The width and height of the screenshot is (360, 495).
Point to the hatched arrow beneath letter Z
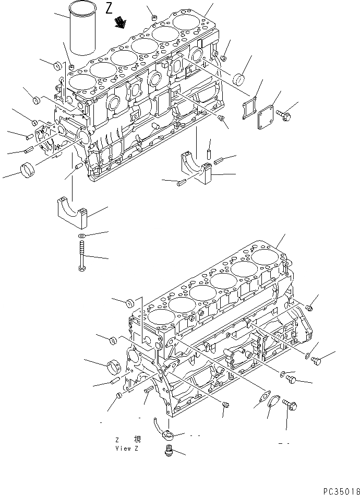click(122, 22)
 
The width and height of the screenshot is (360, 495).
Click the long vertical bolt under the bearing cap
click(81, 255)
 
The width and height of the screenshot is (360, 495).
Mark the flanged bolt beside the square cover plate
click(285, 115)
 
